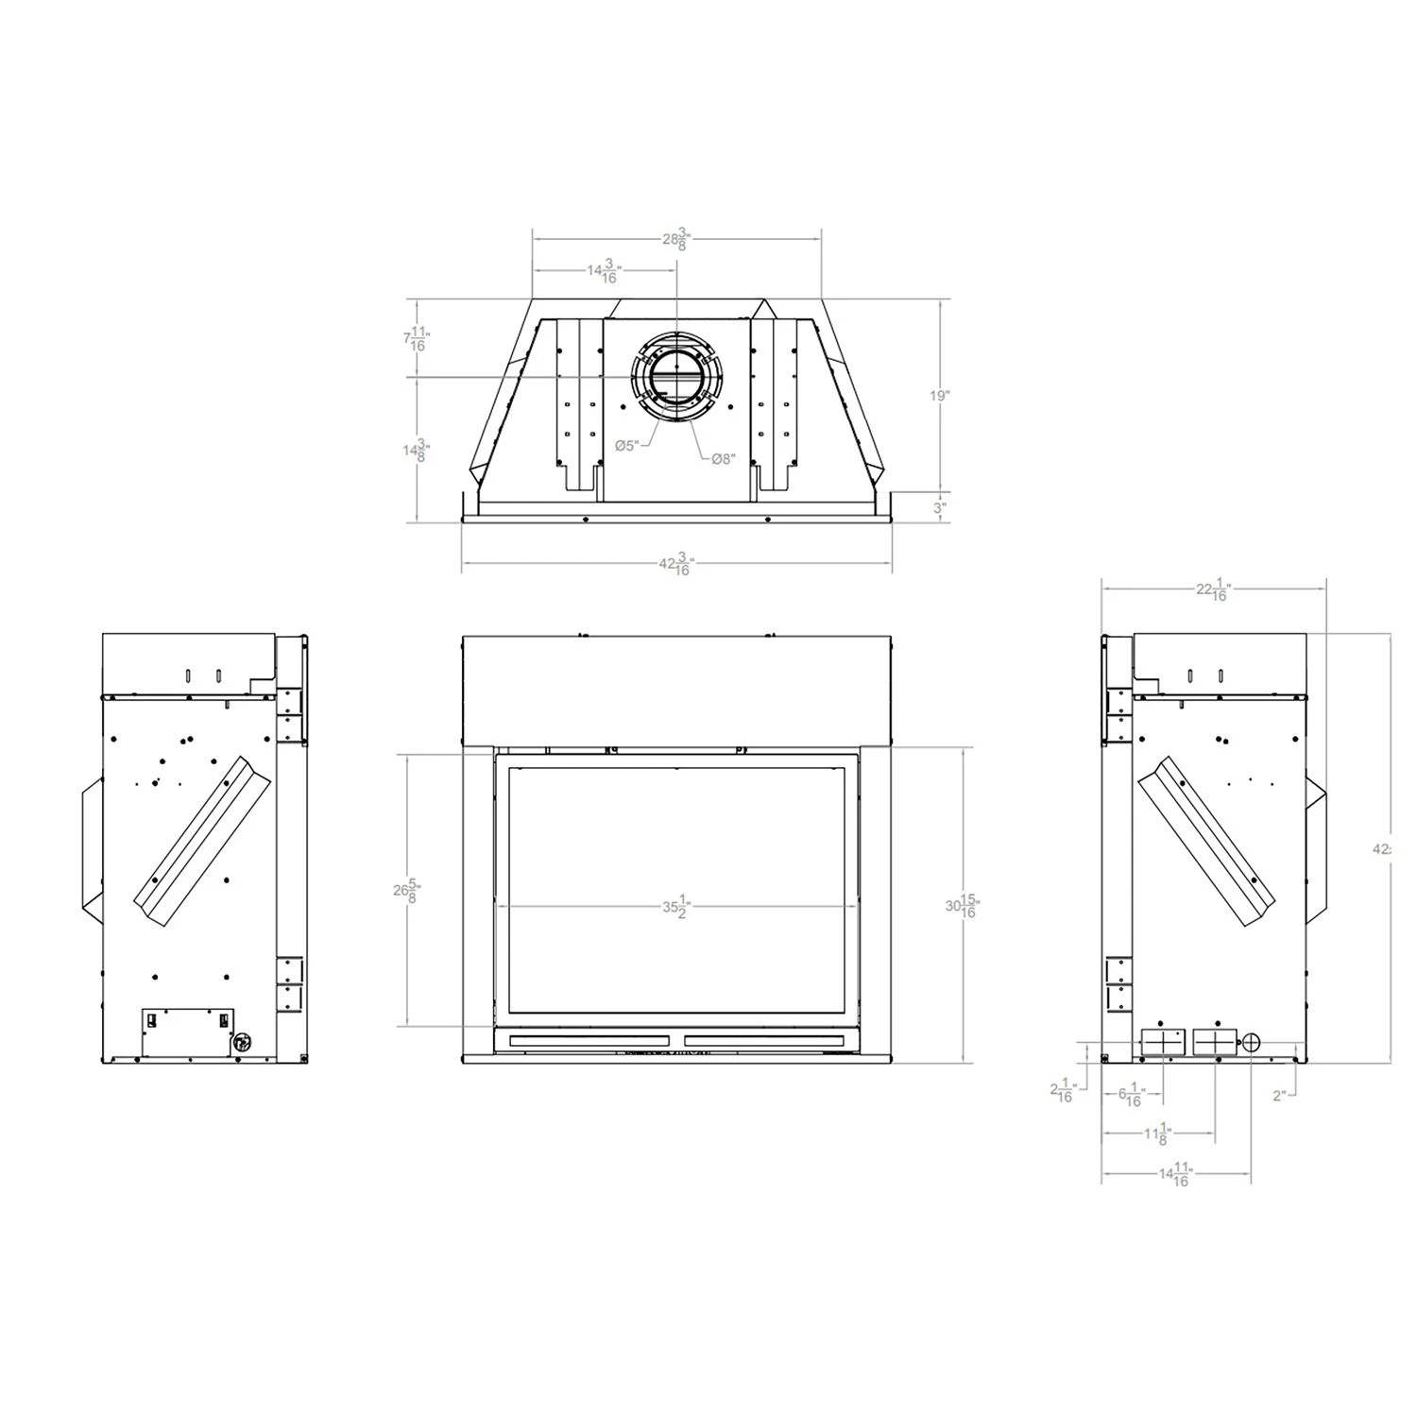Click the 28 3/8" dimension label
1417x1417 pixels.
676,240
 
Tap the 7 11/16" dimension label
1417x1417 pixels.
417,338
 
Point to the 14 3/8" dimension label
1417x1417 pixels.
417,451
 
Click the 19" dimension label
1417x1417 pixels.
937,396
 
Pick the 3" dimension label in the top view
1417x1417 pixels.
939,507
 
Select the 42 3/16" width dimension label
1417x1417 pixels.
675,565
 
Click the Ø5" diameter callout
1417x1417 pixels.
626,445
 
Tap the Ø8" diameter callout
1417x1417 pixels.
723,458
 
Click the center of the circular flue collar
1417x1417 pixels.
676,377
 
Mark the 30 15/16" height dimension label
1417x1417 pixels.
963,906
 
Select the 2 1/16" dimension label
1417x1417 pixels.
1064,1091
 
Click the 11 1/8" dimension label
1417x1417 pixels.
1158,1132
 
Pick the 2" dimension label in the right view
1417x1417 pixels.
1279,1096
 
